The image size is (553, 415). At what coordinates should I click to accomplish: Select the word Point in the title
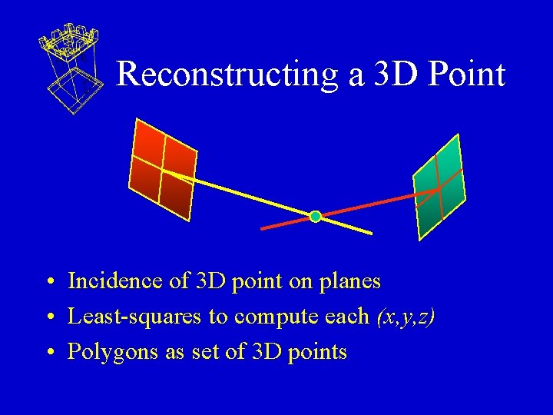tap(467, 75)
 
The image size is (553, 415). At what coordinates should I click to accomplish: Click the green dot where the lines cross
tap(315, 217)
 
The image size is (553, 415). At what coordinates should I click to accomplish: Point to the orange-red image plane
tap(162, 169)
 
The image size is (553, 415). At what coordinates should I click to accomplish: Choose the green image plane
tap(439, 188)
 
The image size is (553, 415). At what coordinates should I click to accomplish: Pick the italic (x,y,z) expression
tap(405, 317)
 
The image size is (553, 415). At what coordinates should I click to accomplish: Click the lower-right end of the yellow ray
tap(370, 232)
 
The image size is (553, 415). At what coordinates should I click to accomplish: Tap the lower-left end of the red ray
tap(263, 228)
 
